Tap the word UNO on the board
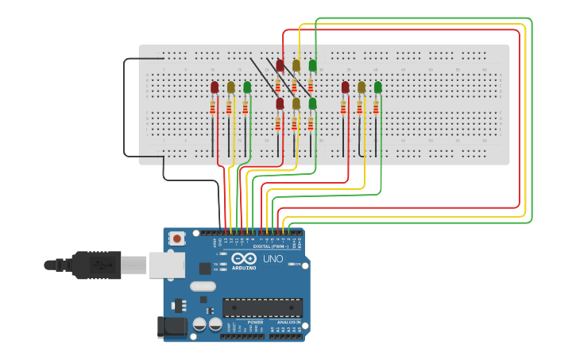[273, 259]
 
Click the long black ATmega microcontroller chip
[261, 308]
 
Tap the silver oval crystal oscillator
[203, 286]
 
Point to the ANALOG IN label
[287, 322]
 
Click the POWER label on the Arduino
[244, 322]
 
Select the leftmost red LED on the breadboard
[215, 87]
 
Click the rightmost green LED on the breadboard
[378, 87]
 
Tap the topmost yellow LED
[296, 65]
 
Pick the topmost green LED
[312, 65]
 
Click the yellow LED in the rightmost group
[361, 87]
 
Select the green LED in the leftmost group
[247, 87]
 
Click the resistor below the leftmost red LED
[213, 106]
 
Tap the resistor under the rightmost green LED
[377, 106]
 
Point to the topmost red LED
[280, 65]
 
